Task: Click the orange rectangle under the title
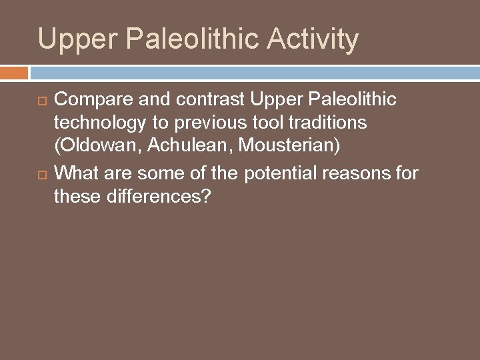[x=14, y=71]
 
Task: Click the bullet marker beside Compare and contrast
[x=42, y=100]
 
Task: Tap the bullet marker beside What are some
[x=42, y=174]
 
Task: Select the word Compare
[x=87, y=99]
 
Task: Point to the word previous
[x=194, y=123]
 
